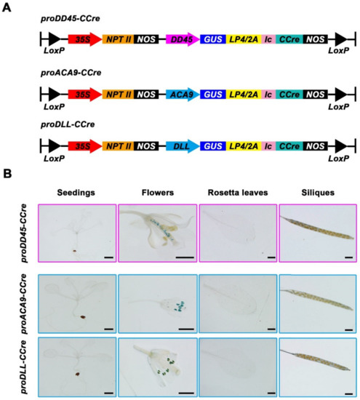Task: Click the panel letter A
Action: tap(7, 7)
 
